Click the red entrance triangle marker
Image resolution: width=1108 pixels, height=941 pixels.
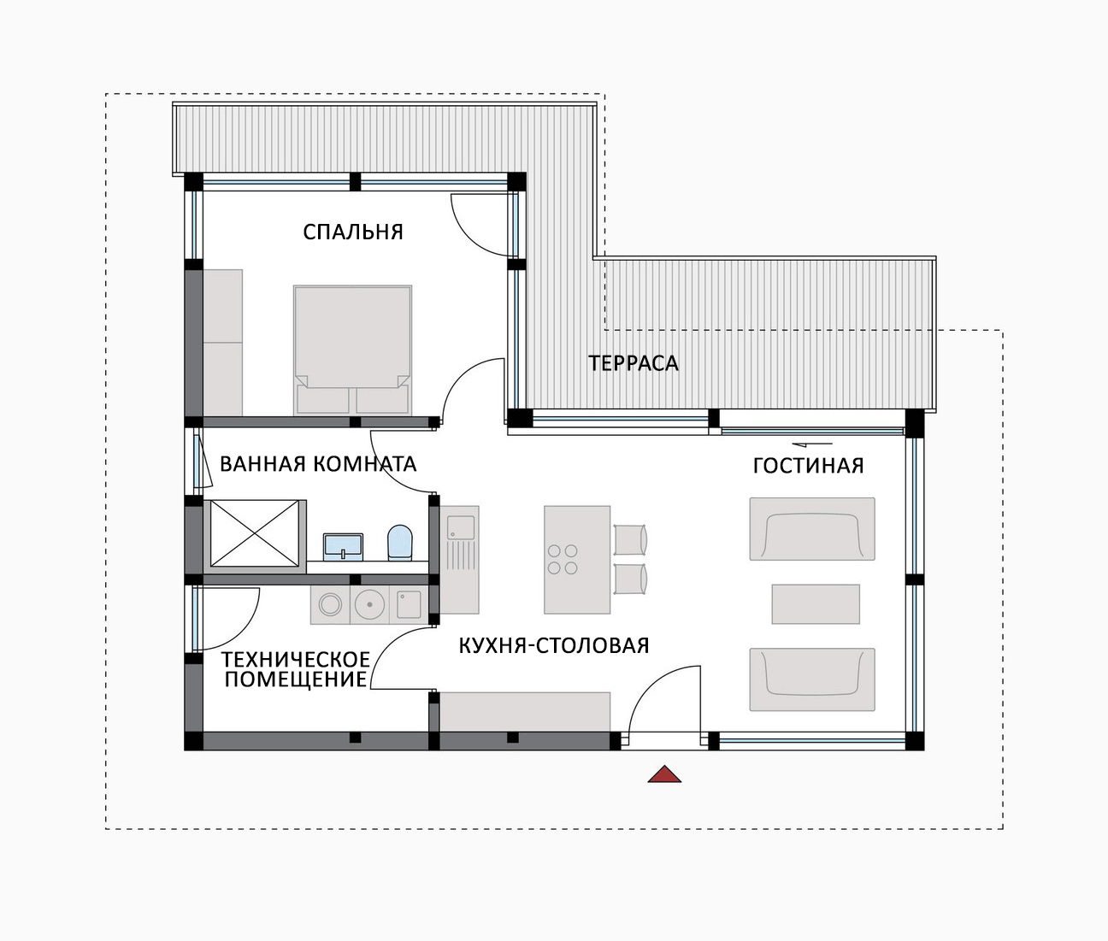coord(664,774)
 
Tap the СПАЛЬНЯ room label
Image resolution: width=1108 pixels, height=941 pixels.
coord(353,232)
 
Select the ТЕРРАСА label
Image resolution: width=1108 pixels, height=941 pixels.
coord(633,363)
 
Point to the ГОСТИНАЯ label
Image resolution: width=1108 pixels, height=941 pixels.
coord(809,466)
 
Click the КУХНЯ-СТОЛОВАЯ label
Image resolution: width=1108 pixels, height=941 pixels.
coord(554,646)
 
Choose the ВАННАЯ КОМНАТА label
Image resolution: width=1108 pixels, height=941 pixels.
coord(318,464)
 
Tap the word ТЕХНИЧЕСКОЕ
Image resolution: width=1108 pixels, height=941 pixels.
coord(296,659)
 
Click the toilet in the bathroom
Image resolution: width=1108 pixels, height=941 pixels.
coord(400,543)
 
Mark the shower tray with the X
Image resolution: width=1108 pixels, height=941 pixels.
coord(255,533)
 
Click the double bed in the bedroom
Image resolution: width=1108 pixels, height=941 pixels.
coord(353,350)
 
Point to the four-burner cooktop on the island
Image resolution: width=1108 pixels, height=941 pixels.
coord(563,560)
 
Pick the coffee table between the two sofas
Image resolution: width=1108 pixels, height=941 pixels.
coord(816,604)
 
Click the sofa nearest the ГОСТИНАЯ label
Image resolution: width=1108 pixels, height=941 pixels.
coord(812,529)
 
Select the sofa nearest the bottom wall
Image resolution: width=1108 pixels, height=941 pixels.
coord(812,679)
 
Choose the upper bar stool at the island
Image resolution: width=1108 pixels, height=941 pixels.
coord(630,539)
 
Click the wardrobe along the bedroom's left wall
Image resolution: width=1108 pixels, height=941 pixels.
coord(222,343)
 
